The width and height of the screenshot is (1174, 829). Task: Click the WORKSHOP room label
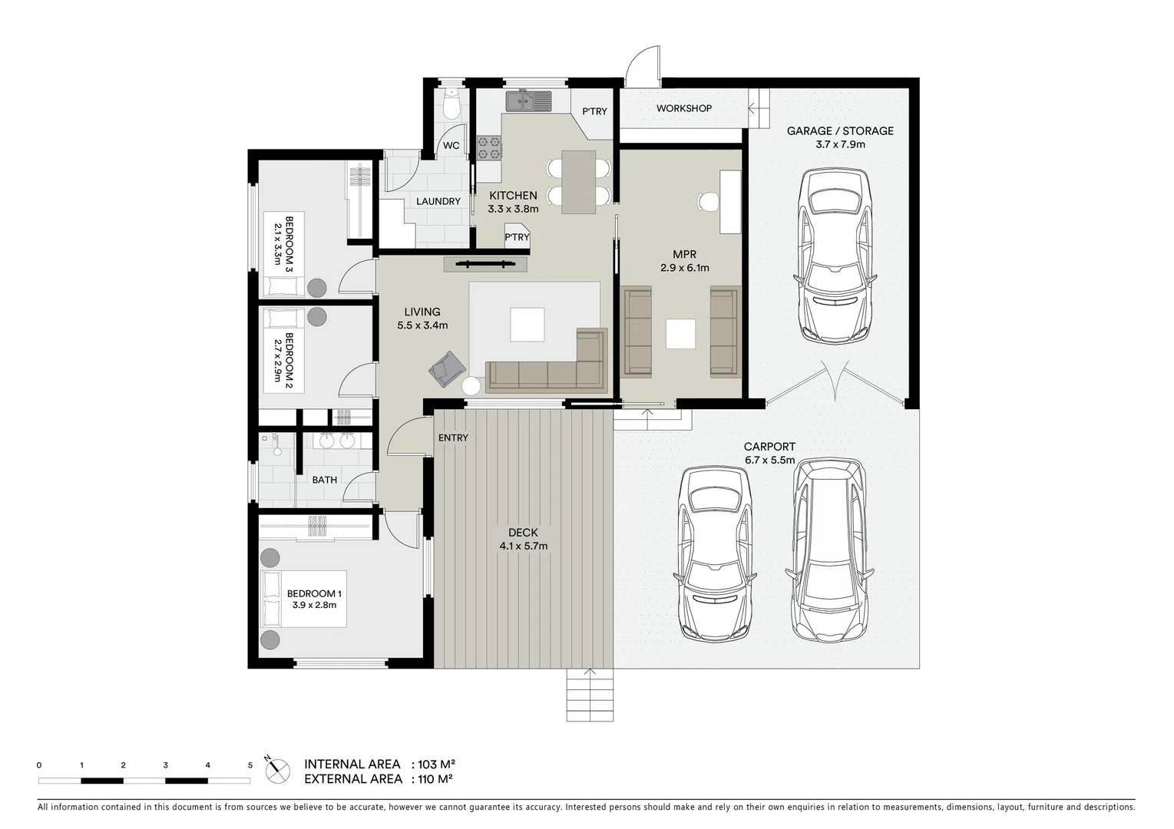(x=683, y=108)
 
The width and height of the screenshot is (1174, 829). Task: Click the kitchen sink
(x=528, y=101)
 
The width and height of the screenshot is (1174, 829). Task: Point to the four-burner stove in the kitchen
(x=489, y=147)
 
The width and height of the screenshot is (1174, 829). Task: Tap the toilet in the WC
(x=451, y=104)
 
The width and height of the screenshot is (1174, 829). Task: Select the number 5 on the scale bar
(x=250, y=765)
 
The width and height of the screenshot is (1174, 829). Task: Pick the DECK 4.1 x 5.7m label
(x=523, y=540)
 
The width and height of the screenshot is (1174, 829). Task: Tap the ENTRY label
(x=453, y=438)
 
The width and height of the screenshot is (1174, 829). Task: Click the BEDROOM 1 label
(x=314, y=599)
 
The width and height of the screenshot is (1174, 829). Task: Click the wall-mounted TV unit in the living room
(x=485, y=265)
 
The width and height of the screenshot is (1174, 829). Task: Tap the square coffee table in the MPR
(x=680, y=334)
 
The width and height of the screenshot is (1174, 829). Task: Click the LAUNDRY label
(x=438, y=201)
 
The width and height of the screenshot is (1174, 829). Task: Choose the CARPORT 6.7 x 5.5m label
(x=769, y=453)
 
